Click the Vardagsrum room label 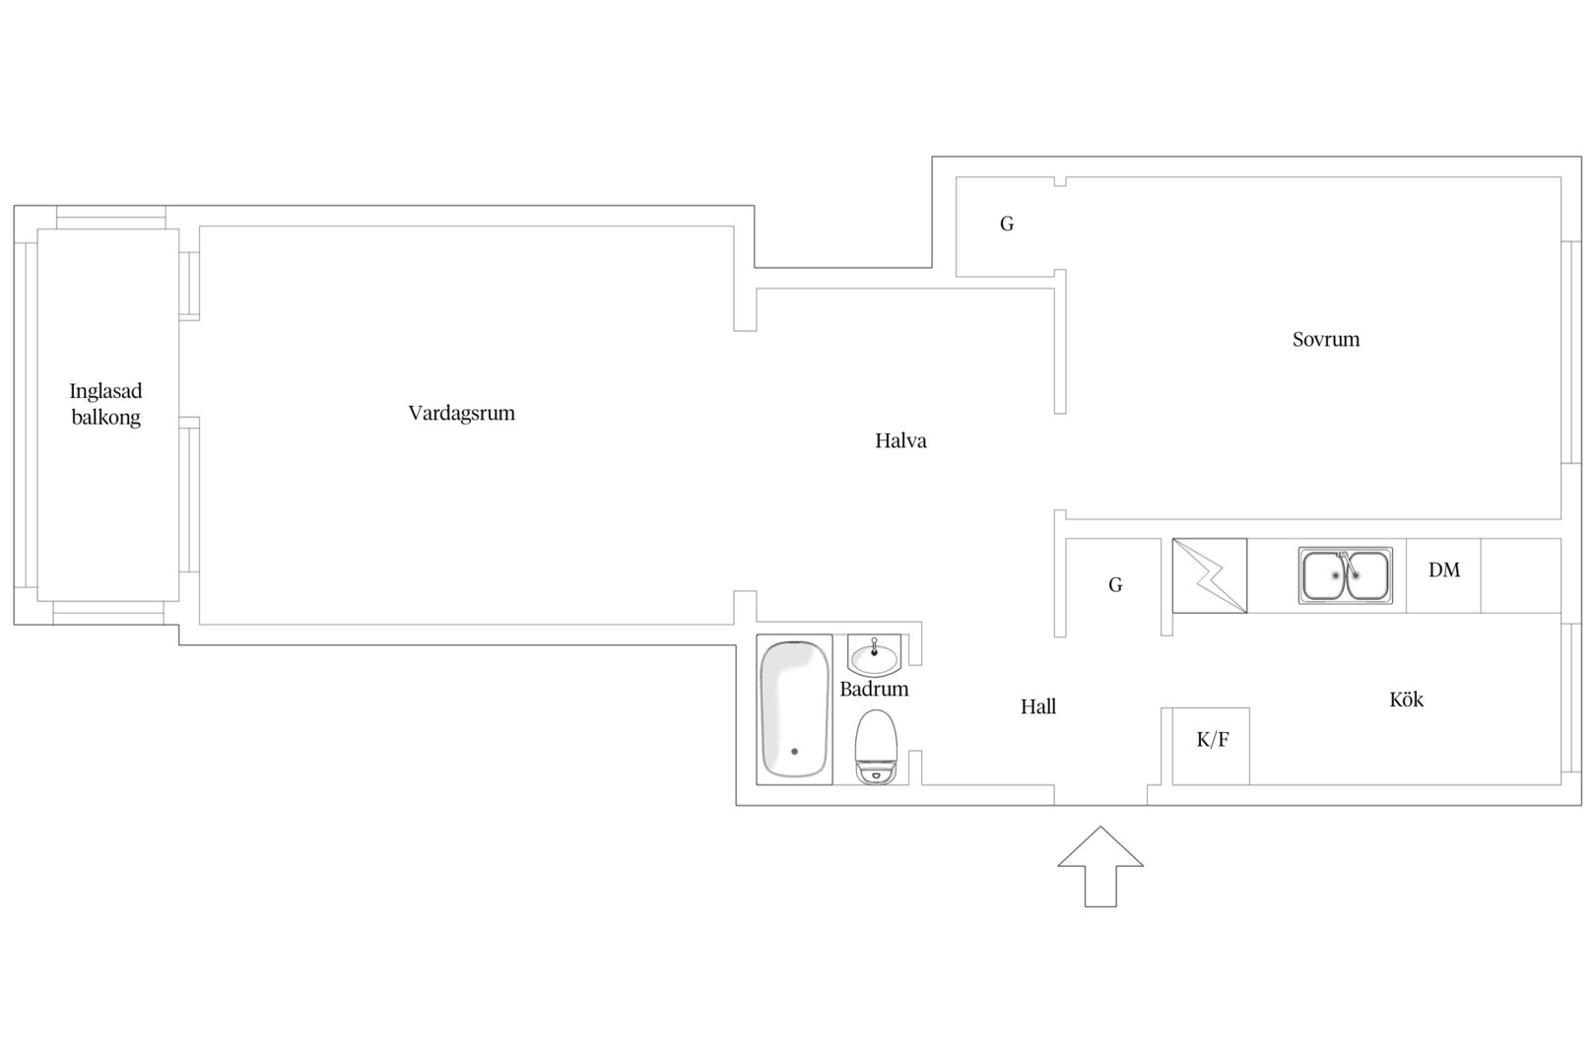point(461,414)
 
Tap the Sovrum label point(1326,339)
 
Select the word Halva point(900,440)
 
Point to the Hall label point(1038,706)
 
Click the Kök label point(1406,699)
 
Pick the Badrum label point(874,690)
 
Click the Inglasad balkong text point(105,404)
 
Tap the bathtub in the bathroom point(794,709)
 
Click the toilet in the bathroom point(876,747)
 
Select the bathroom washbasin point(874,656)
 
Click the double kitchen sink point(1345,575)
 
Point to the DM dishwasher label point(1444,570)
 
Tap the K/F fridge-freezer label point(1212,740)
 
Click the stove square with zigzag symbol point(1210,575)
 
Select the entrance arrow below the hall point(1100,867)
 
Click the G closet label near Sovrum point(1007,224)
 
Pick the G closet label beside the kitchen point(1115,585)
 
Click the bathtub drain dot point(794,751)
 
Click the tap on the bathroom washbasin point(874,648)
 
